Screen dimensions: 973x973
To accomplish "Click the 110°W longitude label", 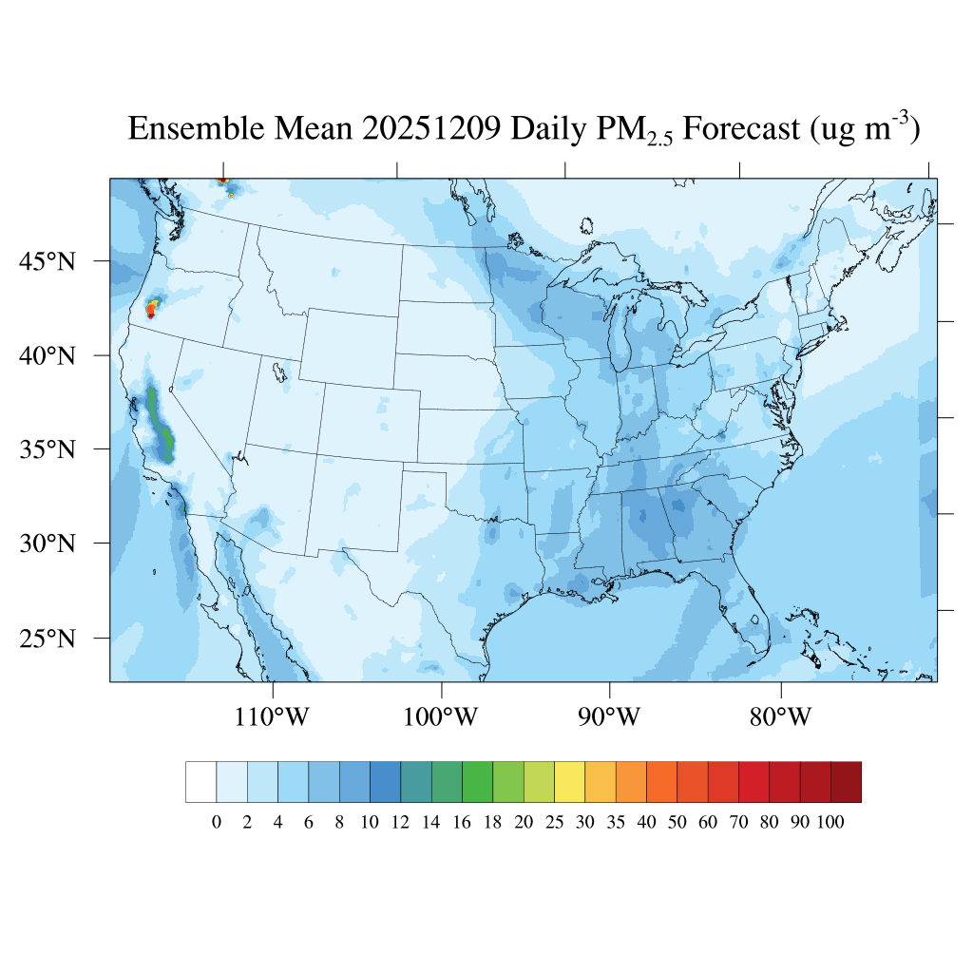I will point(272,716).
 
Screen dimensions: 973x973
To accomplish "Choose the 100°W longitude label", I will point(441,716).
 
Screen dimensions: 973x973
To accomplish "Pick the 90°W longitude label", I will point(609,716).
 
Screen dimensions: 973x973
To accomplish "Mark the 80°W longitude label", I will point(780,716).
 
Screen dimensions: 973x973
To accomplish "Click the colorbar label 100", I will point(830,823).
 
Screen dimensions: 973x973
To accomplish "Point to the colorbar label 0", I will point(217,823).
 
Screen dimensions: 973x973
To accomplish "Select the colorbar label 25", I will point(554,823).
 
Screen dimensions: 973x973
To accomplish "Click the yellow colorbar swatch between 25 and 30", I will point(569,782).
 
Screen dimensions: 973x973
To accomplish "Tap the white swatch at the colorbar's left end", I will point(201,782).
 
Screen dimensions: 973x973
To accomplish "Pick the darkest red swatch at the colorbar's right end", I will point(846,782).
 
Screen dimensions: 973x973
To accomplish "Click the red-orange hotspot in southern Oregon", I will point(151,309).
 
